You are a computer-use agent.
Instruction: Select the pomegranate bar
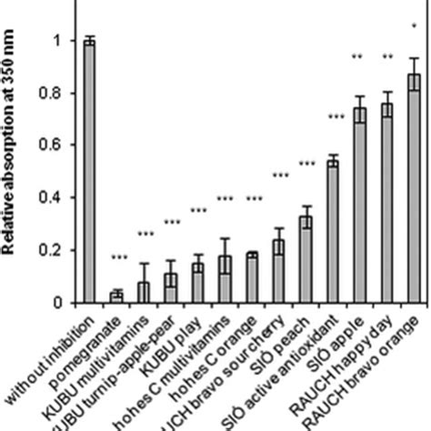[116, 296]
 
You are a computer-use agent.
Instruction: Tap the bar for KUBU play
[197, 283]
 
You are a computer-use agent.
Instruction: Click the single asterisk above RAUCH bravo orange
[414, 25]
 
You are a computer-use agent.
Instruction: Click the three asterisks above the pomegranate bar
[116, 258]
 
